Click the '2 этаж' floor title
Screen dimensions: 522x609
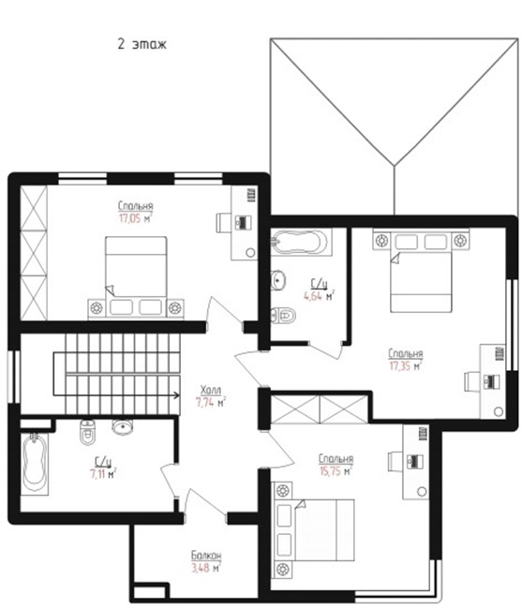[x=142, y=44]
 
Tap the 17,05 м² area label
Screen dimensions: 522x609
[x=136, y=218]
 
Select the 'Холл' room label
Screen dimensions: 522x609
[x=211, y=390]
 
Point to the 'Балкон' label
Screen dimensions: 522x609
[x=206, y=555]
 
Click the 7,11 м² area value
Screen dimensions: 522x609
[x=103, y=474]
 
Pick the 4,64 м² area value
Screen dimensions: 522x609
[x=319, y=296]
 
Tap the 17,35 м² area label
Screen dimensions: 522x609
[x=406, y=366]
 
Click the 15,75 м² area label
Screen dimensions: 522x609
[x=336, y=471]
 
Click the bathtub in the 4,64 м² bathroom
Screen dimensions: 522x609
[x=300, y=243]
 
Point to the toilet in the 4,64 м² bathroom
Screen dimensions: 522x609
[x=283, y=315]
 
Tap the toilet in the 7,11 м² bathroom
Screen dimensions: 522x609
[x=87, y=432]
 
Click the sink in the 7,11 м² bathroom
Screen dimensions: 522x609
[x=123, y=426]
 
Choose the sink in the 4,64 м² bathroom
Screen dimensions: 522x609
[x=278, y=279]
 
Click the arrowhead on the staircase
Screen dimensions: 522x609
[x=177, y=395]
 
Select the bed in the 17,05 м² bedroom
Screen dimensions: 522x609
[x=136, y=278]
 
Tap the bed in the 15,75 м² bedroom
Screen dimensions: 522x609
[x=314, y=530]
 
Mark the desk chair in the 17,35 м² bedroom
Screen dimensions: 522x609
[x=471, y=381]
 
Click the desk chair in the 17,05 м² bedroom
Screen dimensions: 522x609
[x=223, y=223]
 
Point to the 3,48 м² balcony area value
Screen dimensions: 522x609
[x=206, y=568]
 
